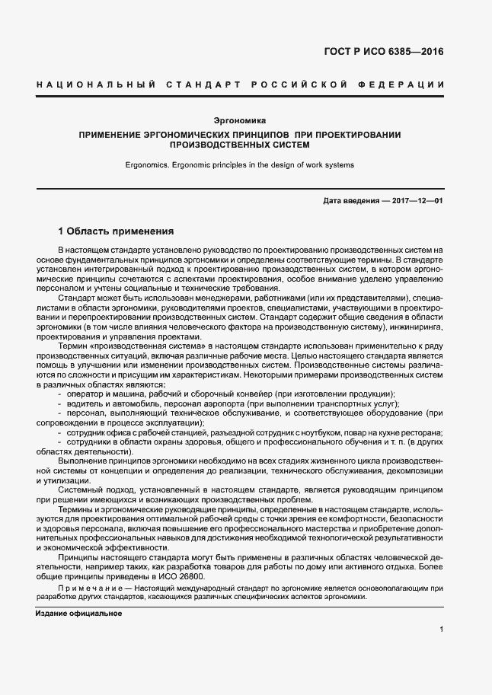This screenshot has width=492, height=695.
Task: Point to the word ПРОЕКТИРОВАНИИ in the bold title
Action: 353,134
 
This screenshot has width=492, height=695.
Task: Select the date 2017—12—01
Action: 417,200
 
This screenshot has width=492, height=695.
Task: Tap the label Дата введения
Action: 350,200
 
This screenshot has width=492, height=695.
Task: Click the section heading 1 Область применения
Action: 117,231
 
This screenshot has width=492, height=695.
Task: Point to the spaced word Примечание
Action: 84,588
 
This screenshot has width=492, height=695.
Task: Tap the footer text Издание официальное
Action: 78,613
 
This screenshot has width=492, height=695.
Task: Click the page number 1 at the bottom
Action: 442,629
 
